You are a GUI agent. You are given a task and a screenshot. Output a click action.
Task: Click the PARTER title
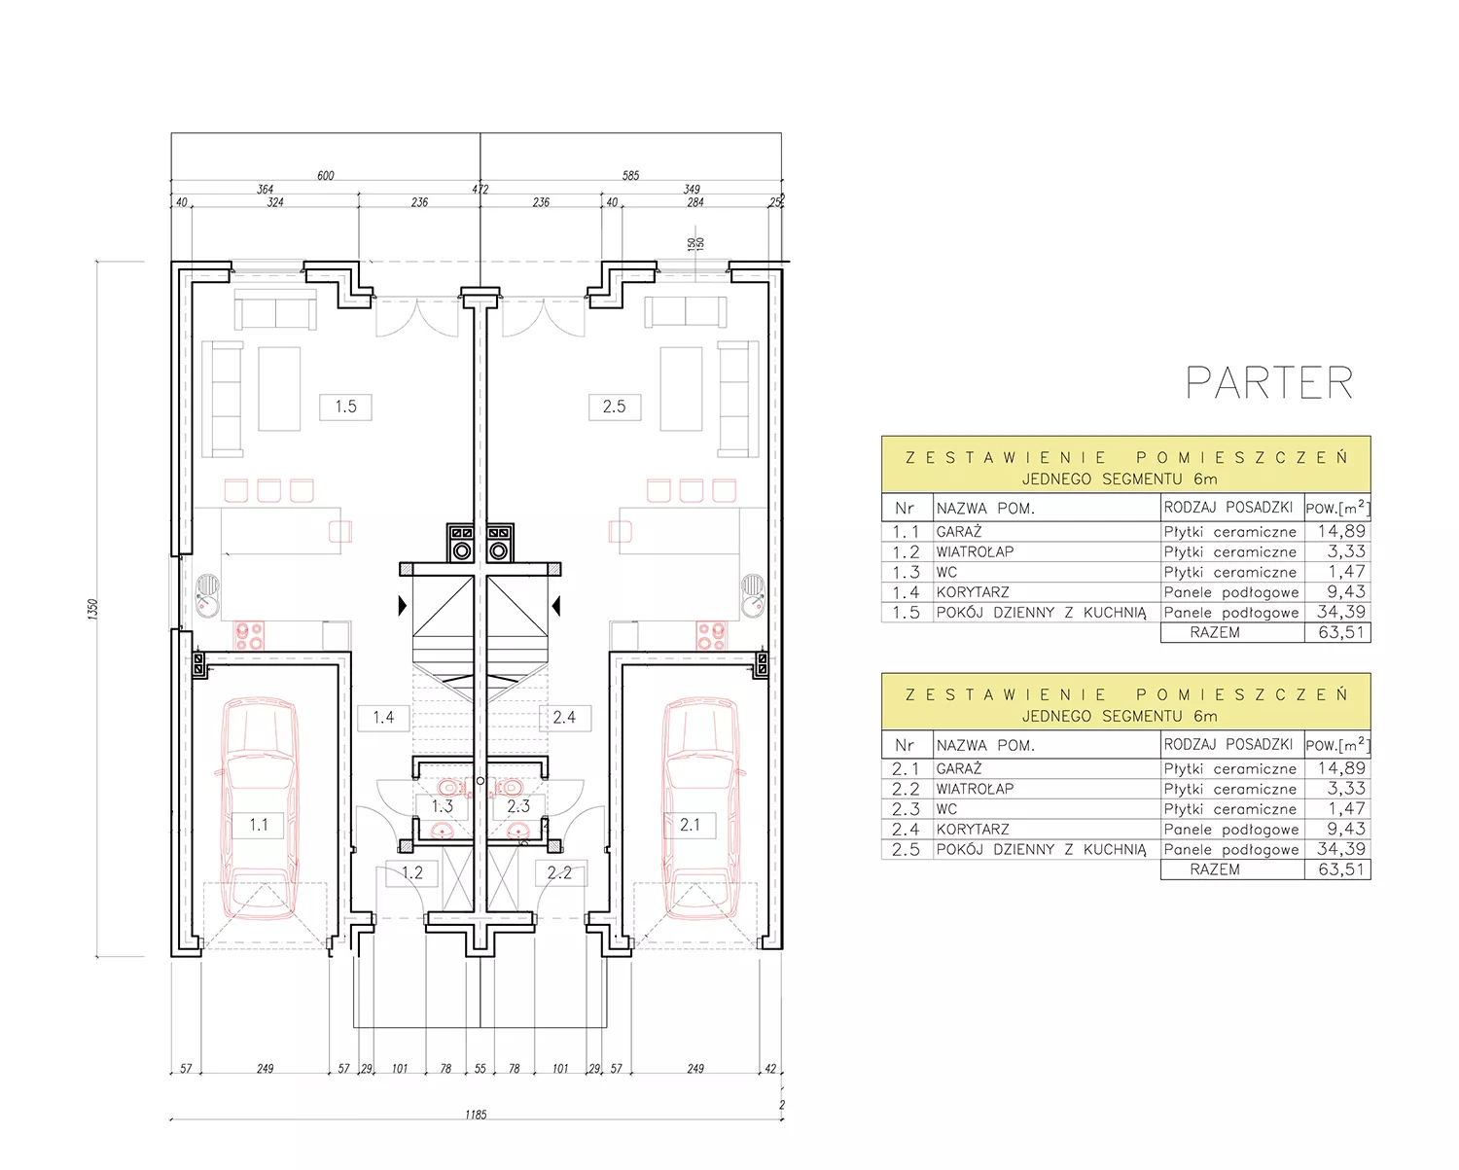[x=1269, y=382]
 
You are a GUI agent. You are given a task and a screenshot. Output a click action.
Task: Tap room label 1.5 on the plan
[x=345, y=406]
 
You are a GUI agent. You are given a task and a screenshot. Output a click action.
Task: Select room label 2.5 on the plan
[x=615, y=406]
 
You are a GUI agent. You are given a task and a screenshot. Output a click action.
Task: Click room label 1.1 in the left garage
[x=259, y=825]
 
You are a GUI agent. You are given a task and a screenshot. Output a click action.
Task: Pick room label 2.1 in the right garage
[x=690, y=825]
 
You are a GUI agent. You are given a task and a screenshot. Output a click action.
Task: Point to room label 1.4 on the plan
[x=383, y=717]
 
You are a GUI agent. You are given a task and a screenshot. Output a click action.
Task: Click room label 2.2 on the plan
[x=559, y=872]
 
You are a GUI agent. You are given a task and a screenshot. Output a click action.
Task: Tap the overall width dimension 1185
[x=476, y=1115]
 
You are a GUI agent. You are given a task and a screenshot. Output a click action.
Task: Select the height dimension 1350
[x=92, y=608]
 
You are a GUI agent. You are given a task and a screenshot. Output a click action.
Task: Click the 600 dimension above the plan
[x=326, y=176]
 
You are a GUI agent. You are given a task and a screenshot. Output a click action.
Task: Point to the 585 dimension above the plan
[x=630, y=176]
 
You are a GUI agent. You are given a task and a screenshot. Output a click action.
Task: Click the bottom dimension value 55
[x=480, y=1068]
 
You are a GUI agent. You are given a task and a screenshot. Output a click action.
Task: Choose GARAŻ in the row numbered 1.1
[x=959, y=531]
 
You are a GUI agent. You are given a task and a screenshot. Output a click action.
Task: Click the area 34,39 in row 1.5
[x=1341, y=612]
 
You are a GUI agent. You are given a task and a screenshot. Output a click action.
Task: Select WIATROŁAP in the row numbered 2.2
[x=975, y=789]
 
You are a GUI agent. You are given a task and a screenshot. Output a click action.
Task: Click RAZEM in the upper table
[x=1215, y=632]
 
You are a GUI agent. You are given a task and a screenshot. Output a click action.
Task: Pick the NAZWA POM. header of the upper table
[x=985, y=509]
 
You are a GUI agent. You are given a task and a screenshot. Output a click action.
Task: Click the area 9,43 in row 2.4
[x=1346, y=829]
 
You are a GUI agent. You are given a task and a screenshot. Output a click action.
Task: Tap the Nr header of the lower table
[x=905, y=745]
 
